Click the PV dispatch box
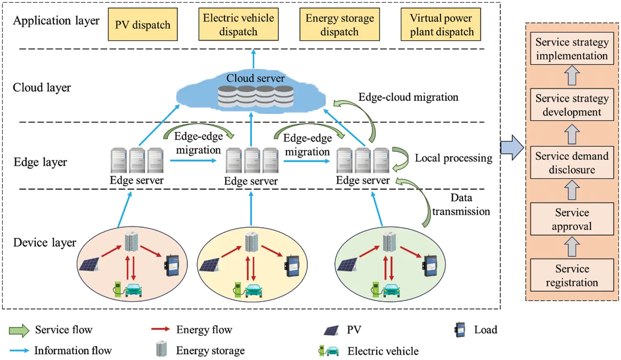click(143, 24)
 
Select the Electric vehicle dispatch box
click(238, 24)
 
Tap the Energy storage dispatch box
click(339, 24)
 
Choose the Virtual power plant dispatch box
click(440, 24)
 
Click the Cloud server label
click(255, 78)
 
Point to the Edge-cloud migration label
click(408, 97)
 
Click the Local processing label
click(453, 158)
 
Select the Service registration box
click(572, 275)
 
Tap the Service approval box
click(572, 219)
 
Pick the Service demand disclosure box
click(572, 162)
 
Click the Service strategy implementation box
click(572, 48)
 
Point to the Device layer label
click(45, 242)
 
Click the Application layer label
click(56, 21)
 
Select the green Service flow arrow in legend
click(19, 330)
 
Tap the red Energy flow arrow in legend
click(160, 329)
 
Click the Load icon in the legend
click(460, 330)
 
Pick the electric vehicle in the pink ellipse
click(133, 290)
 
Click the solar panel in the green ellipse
click(347, 264)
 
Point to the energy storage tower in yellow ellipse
click(251, 242)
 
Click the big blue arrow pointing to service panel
click(512, 147)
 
